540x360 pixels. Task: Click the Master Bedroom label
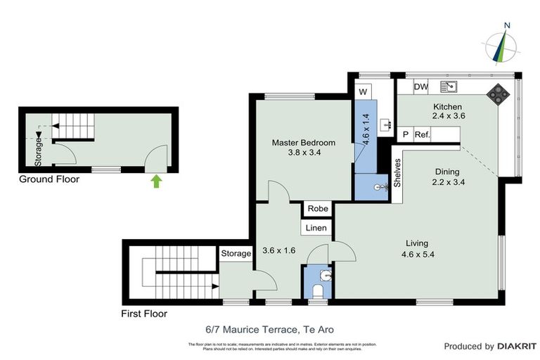click(304, 143)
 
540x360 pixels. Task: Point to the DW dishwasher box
click(421, 87)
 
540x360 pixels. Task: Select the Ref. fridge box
click(422, 134)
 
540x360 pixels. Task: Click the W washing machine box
click(363, 92)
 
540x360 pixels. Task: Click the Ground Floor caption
click(49, 180)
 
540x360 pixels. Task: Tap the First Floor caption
click(145, 314)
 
